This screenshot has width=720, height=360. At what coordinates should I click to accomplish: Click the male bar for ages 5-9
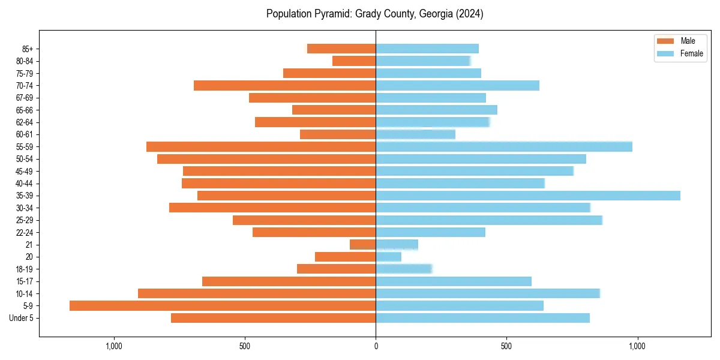(222, 306)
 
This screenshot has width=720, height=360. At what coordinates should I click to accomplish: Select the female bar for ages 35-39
(528, 196)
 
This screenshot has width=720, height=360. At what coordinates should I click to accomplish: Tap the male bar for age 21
(363, 245)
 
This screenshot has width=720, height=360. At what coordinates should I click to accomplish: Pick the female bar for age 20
(388, 257)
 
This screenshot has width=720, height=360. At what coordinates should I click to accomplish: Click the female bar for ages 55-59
(504, 147)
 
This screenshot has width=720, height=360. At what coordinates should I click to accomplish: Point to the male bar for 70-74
(285, 86)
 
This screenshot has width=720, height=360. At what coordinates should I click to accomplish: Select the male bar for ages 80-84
(354, 61)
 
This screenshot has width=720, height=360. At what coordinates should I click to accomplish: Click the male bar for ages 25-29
(304, 220)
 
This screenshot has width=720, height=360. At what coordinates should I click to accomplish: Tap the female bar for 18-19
(403, 269)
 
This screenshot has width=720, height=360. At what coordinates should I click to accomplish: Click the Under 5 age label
(22, 318)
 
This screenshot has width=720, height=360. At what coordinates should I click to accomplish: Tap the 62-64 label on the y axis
(25, 122)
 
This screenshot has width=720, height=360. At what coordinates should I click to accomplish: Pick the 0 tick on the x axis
(376, 346)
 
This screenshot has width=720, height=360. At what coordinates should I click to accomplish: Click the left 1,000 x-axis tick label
(113, 346)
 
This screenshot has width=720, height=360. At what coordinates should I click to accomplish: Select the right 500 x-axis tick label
(506, 346)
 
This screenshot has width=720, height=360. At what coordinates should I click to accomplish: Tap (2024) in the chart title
(470, 14)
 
